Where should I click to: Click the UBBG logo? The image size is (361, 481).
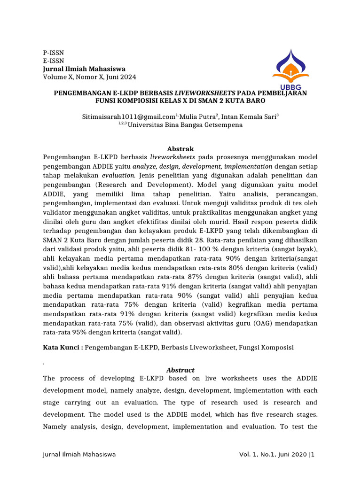coord(290,70)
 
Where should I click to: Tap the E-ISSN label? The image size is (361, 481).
coord(53,61)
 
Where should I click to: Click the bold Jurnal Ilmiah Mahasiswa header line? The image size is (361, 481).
coord(84,69)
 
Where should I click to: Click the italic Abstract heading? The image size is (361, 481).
coord(180,370)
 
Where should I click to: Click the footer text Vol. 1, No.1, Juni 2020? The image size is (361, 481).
coord(273,455)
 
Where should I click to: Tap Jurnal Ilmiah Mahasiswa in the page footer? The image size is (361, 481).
coord(79,455)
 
